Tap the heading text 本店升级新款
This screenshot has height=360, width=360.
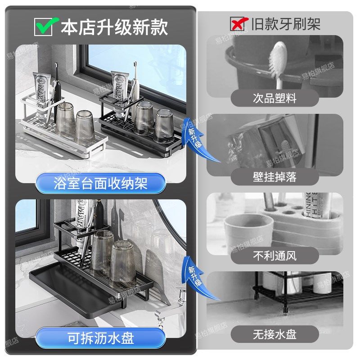pyautogui.click(x=114, y=27)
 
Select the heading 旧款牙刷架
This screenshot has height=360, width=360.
pyautogui.click(x=286, y=23)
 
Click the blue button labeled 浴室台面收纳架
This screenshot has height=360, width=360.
pyautogui.click(x=100, y=183)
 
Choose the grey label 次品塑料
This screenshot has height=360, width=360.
pyautogui.click(x=274, y=98)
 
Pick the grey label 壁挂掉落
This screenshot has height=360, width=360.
pyautogui.click(x=274, y=176)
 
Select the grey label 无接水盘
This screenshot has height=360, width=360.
pyautogui.click(x=274, y=334)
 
